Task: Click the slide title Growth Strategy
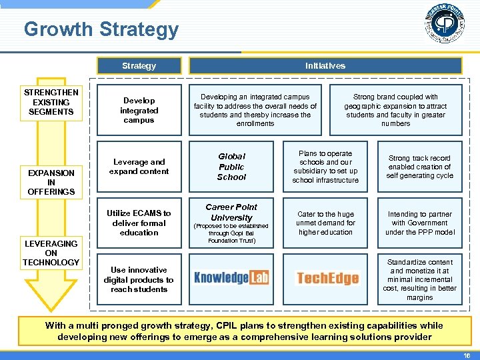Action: point(101,29)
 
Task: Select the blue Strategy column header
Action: point(139,65)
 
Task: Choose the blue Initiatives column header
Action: point(325,65)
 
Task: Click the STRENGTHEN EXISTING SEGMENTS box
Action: point(51,102)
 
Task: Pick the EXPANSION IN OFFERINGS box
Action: point(51,182)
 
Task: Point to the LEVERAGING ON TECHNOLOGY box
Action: point(51,253)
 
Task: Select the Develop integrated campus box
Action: point(139,110)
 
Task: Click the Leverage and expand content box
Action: point(139,167)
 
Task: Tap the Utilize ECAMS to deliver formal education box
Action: point(139,223)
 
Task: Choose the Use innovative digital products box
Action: point(139,279)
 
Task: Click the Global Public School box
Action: point(231,167)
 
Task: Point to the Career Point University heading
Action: point(231,212)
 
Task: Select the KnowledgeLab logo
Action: point(231,277)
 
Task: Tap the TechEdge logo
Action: point(327,277)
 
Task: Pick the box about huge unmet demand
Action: point(326,223)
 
